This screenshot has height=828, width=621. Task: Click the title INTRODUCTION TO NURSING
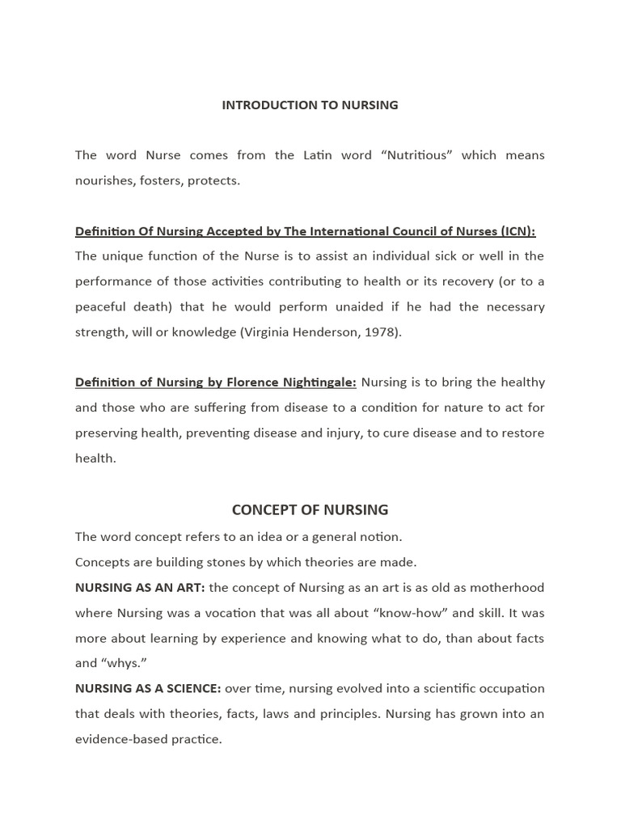310,105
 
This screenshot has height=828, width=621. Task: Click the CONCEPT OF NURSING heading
310,510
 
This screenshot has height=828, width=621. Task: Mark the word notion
380,537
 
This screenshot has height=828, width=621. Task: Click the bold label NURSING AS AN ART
139,588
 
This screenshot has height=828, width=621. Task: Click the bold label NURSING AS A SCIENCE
147,689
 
